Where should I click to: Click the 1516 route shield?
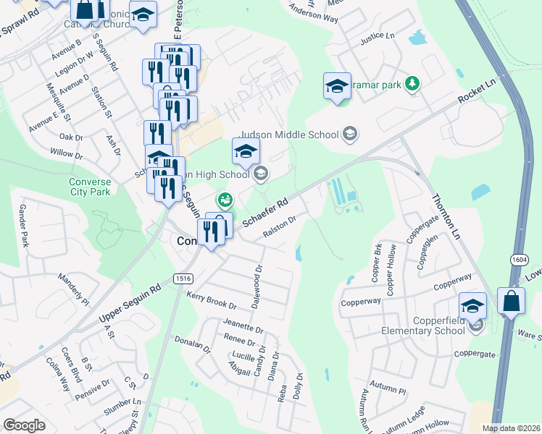[183, 278]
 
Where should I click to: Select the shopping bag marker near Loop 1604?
[511, 302]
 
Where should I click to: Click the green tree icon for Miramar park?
[412, 85]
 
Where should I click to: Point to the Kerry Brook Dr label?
[212, 300]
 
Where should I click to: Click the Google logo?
[24, 425]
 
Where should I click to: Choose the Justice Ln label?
[378, 35]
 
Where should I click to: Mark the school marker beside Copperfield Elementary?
[472, 305]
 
